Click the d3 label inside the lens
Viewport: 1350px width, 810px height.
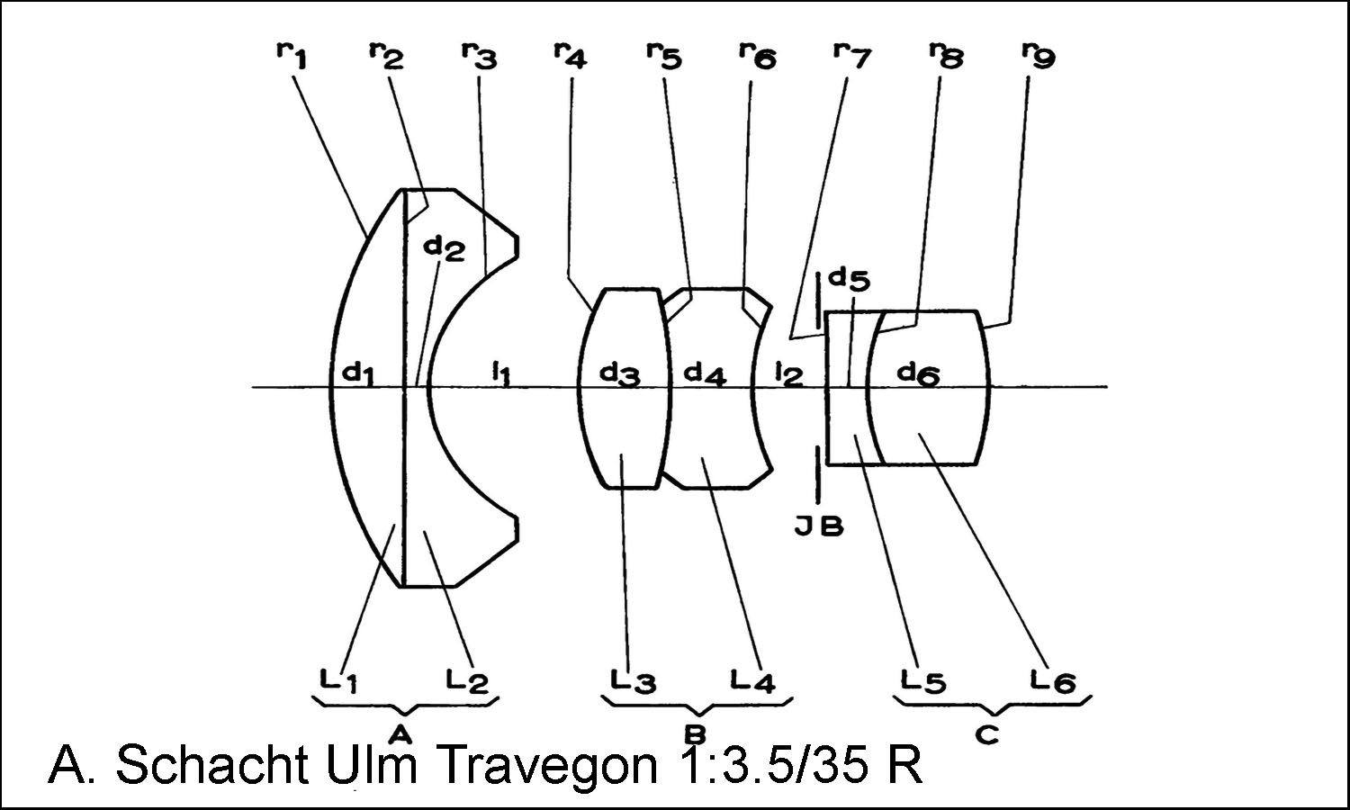[x=621, y=372]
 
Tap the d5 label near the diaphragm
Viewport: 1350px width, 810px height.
[x=849, y=279]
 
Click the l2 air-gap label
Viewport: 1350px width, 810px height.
[x=788, y=372]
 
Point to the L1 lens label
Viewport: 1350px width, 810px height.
[x=340, y=681]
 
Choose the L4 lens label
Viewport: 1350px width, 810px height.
[x=753, y=681]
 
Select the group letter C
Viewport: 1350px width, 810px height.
[x=987, y=733]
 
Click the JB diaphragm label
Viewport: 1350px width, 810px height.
[x=819, y=526]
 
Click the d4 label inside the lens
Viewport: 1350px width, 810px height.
[x=705, y=372]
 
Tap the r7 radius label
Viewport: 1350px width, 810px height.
[x=850, y=56]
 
